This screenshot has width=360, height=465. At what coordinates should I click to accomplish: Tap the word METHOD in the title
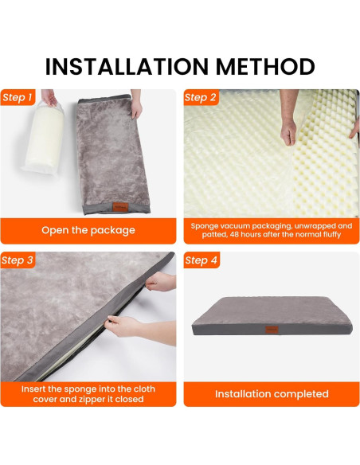(x=264, y=65)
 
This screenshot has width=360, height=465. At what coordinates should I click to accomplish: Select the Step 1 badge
(x=18, y=98)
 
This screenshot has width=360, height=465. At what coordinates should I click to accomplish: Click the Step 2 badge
(x=202, y=98)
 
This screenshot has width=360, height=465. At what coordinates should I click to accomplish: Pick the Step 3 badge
(x=18, y=260)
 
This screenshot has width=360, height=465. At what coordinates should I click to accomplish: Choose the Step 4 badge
(x=202, y=260)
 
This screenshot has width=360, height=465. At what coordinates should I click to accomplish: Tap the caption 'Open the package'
(x=88, y=230)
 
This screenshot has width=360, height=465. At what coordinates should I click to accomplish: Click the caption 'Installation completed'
(x=272, y=394)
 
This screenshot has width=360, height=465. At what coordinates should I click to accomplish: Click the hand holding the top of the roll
(x=49, y=98)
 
